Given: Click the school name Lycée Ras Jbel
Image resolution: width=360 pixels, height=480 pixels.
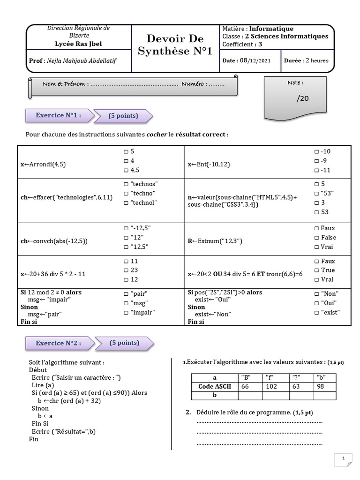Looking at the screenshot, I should [x=78, y=44].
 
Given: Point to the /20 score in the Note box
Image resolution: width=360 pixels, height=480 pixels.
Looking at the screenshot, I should [x=303, y=98].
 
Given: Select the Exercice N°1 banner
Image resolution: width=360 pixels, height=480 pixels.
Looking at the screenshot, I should [x=59, y=115].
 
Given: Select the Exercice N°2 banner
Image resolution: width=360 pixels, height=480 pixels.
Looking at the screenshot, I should [x=59, y=343].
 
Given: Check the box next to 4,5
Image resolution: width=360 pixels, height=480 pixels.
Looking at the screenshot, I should [x=126, y=170].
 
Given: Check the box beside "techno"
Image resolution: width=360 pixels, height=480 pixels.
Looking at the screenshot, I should [x=126, y=193].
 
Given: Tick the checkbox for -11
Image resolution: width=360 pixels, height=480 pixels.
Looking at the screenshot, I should [x=316, y=170].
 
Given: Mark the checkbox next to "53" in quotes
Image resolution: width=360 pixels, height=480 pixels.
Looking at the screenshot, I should [x=316, y=193].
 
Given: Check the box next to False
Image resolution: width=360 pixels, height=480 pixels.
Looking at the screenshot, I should [x=316, y=237].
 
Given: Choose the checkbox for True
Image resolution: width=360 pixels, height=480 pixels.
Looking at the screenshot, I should [x=316, y=270].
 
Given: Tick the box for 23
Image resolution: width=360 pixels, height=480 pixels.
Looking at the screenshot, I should [x=126, y=270].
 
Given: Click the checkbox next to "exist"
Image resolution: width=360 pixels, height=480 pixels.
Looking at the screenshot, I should [x=316, y=312].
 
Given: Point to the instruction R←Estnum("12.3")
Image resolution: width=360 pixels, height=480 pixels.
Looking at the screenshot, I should [x=215, y=241].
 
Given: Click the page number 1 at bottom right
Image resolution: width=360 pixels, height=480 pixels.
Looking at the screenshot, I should [x=343, y=458].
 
